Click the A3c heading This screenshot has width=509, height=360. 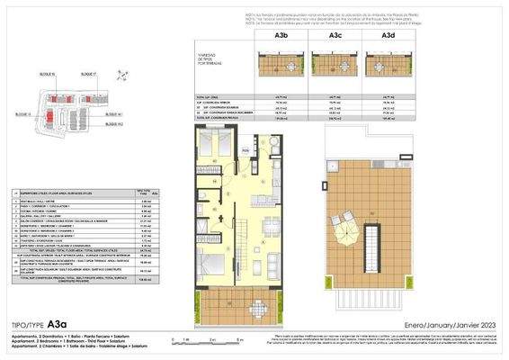(334, 35)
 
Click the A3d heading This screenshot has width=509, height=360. (388, 35)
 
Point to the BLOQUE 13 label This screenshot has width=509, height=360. (23, 114)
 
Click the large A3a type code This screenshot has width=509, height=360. (58, 323)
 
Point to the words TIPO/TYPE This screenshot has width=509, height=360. (25, 324)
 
